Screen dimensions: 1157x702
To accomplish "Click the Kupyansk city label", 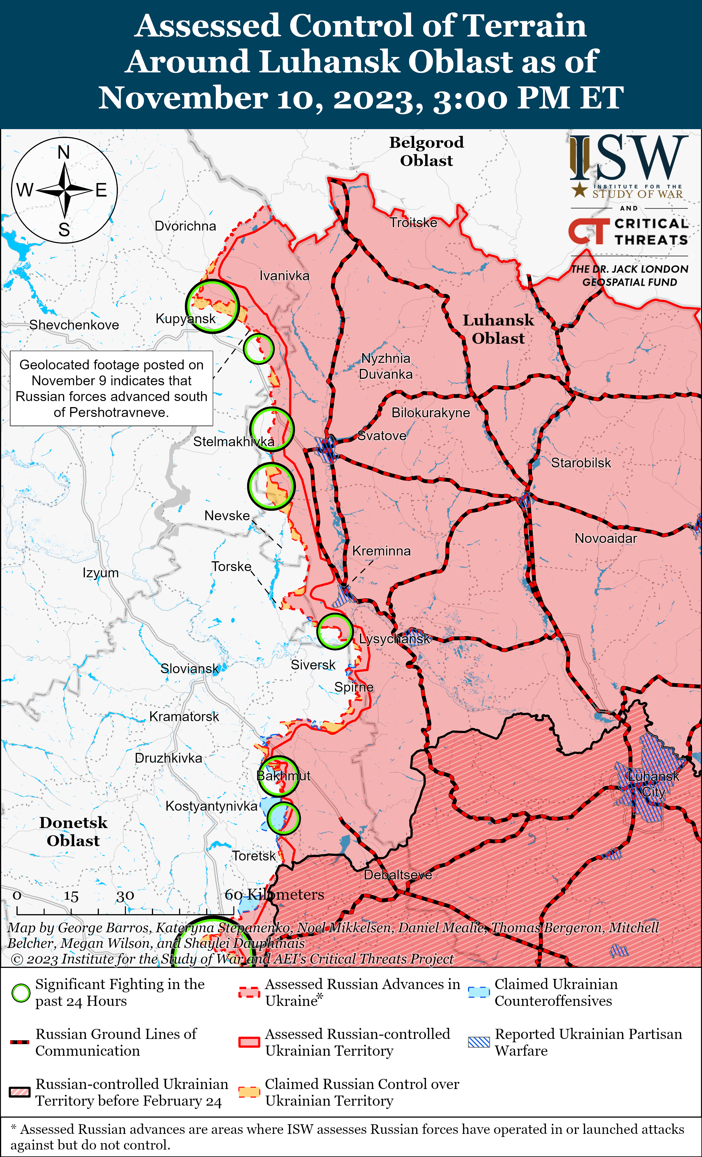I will click(186, 319).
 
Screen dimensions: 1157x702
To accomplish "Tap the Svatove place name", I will click(382, 436).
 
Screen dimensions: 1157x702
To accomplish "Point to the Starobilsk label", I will click(581, 463).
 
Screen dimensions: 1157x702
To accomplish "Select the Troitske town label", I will click(413, 223).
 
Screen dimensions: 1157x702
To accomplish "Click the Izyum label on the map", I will click(100, 573).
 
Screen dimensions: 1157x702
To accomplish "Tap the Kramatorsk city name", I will click(184, 717).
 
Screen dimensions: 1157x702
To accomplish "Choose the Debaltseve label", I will click(398, 875).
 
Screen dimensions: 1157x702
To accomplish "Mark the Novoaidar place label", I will click(606, 539).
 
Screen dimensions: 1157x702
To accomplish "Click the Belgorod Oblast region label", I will click(426, 151).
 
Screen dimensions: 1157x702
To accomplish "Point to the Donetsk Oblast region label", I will click(73, 832).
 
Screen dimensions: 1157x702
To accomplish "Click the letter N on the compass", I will click(64, 153).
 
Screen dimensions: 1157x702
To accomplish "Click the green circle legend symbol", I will click(21, 993).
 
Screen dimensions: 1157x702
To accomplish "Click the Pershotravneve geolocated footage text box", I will click(111, 388).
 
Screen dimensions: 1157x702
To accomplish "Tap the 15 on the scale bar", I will click(71, 896).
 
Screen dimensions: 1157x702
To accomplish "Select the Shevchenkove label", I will click(74, 325).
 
